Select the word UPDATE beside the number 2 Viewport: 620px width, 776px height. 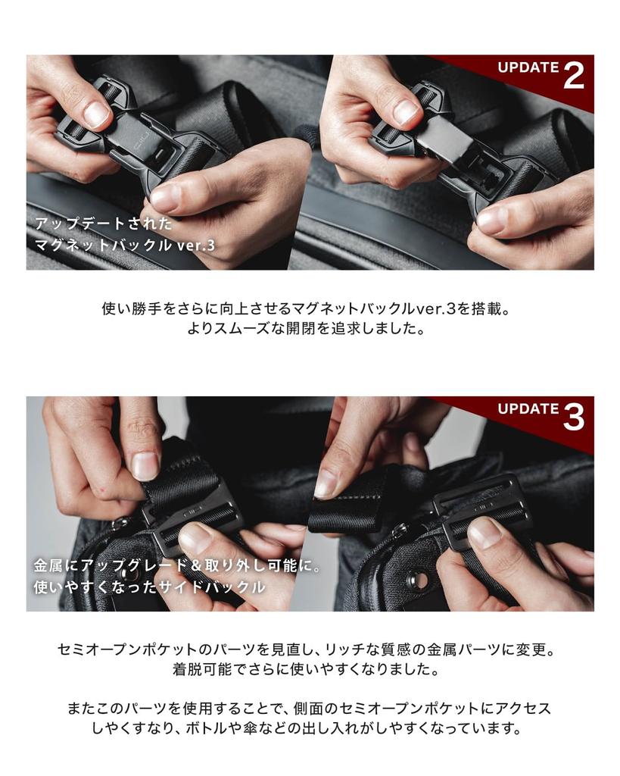528,67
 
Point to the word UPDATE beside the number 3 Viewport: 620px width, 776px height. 528,408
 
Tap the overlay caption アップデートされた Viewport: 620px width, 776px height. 104,224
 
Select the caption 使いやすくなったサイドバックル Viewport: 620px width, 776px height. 149,587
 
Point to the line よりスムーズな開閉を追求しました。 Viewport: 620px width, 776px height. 310,330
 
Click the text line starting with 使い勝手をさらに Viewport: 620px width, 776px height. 310,309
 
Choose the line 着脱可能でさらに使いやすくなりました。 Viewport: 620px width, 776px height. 310,671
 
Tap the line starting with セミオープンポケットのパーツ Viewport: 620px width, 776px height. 310,650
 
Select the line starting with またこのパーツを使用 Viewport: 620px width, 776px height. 310,709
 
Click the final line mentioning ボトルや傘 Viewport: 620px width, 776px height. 310,729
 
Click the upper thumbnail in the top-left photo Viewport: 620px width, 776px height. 96,114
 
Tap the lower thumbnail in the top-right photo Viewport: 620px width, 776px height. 492,221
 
